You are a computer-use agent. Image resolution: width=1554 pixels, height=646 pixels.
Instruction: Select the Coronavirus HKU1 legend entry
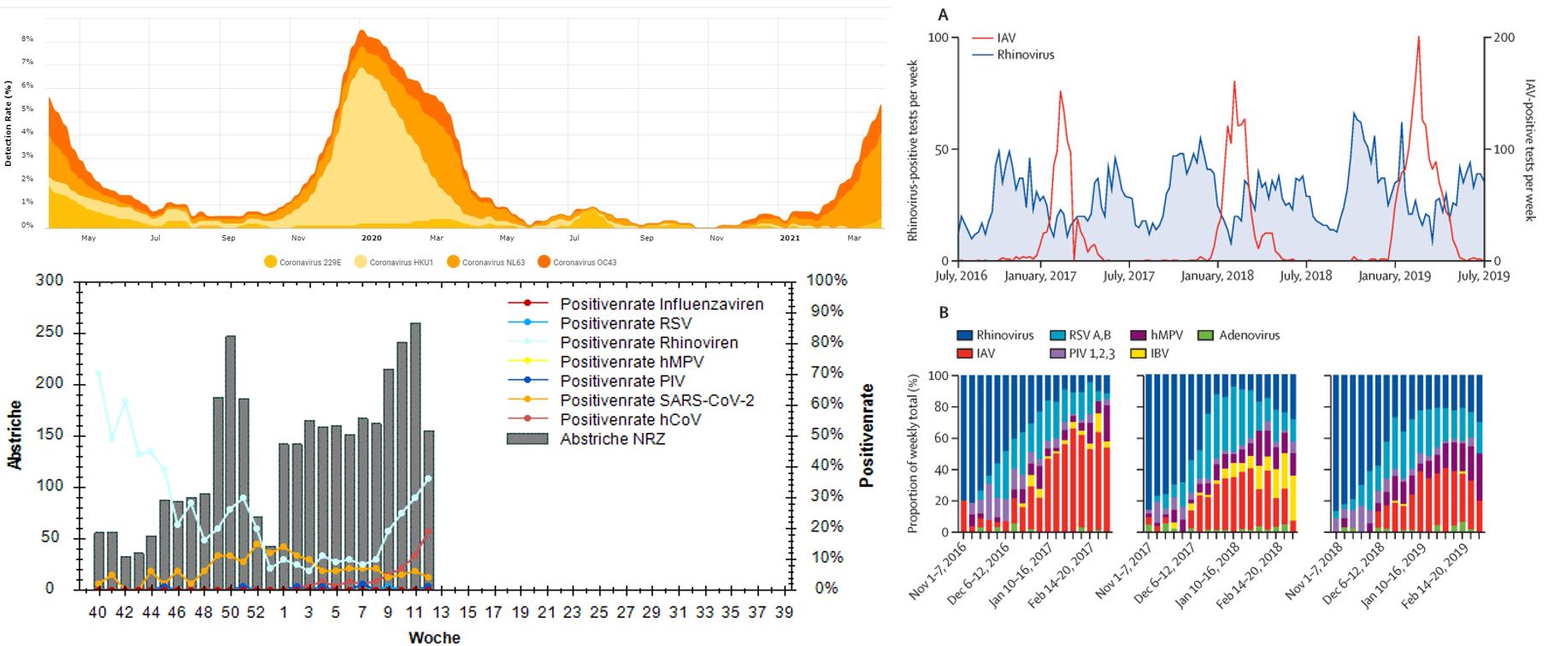click(x=392, y=262)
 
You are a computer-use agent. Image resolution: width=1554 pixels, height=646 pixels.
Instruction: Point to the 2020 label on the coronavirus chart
click(x=371, y=238)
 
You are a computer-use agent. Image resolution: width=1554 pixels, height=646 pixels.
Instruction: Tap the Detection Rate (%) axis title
click(x=8, y=123)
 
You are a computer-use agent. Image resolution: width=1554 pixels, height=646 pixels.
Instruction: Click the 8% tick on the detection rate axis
click(x=27, y=39)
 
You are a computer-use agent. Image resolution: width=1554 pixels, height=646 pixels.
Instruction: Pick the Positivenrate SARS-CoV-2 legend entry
click(x=656, y=400)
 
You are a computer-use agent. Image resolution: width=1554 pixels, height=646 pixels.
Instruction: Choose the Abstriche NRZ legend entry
click(x=611, y=439)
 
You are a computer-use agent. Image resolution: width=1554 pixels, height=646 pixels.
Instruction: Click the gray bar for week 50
click(x=230, y=462)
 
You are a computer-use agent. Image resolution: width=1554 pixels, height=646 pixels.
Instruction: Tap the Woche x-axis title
click(x=434, y=637)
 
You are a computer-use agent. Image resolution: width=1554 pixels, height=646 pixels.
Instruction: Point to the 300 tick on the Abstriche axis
click(x=49, y=281)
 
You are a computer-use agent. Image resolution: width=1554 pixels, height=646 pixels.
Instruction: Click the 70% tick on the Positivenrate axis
click(x=827, y=373)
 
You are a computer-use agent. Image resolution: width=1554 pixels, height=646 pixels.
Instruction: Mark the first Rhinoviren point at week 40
click(x=98, y=373)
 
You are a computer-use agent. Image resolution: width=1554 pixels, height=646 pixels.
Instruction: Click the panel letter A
click(x=943, y=15)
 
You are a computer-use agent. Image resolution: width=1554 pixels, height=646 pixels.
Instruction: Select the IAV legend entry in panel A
click(x=1005, y=38)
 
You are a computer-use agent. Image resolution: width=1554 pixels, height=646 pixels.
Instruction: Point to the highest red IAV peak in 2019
click(x=1418, y=38)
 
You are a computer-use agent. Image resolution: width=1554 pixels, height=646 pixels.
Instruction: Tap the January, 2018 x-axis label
click(x=1217, y=276)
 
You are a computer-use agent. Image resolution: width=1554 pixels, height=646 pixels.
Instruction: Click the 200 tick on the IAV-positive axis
click(x=1504, y=38)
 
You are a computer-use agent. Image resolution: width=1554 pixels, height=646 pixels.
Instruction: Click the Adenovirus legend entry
click(x=1249, y=335)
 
